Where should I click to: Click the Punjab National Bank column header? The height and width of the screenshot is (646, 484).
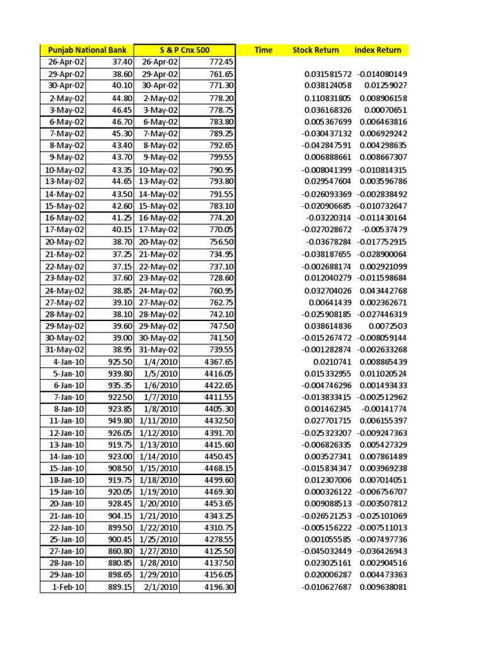pos(87,50)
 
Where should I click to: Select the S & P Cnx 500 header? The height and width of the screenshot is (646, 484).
pos(185,50)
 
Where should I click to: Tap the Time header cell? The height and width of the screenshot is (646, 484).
pos(263,50)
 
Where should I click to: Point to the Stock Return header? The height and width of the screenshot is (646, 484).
pos(316,50)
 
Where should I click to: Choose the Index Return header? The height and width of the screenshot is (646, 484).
pos(378,50)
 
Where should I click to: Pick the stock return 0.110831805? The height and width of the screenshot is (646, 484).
pos(325,98)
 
